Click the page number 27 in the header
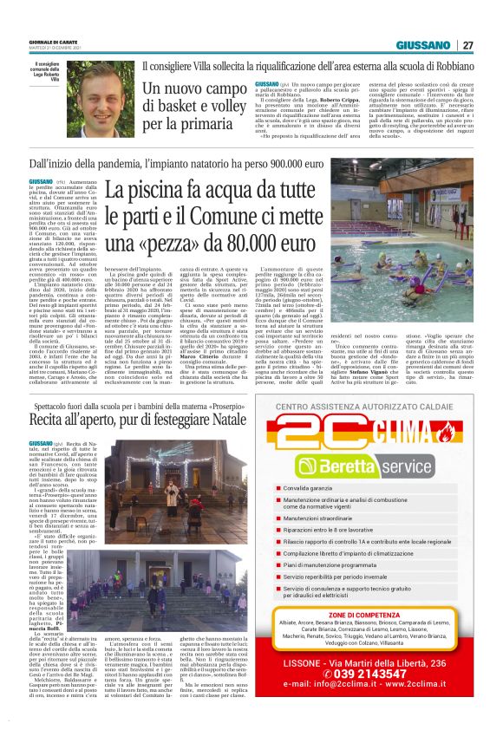(467, 45)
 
